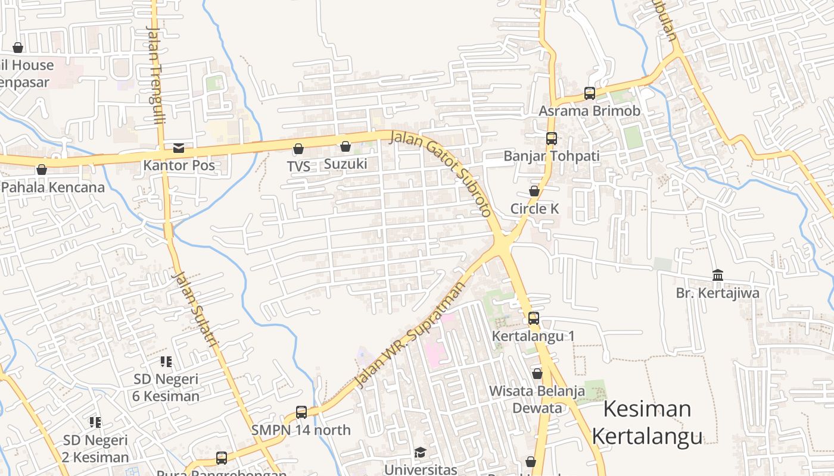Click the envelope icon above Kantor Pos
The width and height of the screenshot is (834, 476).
pyautogui.click(x=179, y=148)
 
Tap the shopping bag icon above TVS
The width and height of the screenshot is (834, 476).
pyautogui.click(x=298, y=149)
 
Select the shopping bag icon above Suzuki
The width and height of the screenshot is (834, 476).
pyautogui.click(x=346, y=146)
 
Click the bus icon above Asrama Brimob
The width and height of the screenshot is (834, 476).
pyautogui.click(x=590, y=93)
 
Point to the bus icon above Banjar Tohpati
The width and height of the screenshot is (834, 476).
pyautogui.click(x=552, y=139)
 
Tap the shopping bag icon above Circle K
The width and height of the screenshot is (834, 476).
pyautogui.click(x=534, y=191)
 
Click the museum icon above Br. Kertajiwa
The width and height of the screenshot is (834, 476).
pyautogui.click(x=718, y=275)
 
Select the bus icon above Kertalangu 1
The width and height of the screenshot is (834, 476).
pyautogui.click(x=534, y=318)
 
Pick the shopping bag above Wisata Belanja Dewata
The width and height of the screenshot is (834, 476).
pyautogui.click(x=537, y=374)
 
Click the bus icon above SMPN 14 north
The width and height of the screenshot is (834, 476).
pyautogui.click(x=301, y=412)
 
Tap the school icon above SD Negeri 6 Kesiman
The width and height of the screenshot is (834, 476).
pyautogui.click(x=166, y=361)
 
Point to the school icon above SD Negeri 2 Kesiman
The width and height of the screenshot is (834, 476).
pyautogui.click(x=95, y=422)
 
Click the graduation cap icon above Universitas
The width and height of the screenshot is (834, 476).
pyautogui.click(x=420, y=452)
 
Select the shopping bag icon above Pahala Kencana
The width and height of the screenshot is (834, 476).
pyautogui.click(x=42, y=170)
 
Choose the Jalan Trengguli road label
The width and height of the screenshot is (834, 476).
pyautogui.click(x=155, y=74)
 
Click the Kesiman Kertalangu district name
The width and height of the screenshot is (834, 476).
pyautogui.click(x=647, y=422)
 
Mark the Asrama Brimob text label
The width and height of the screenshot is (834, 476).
pyautogui.click(x=590, y=111)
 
